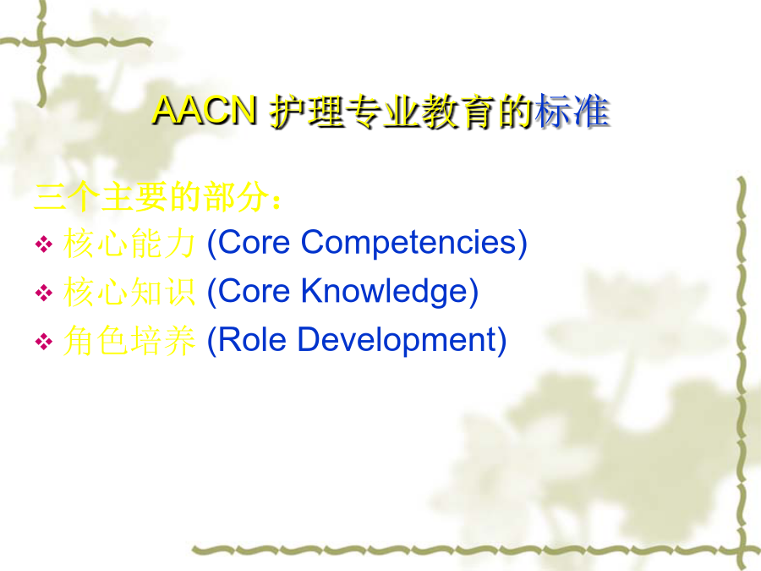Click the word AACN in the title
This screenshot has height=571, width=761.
point(205,110)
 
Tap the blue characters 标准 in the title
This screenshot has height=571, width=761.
point(572,111)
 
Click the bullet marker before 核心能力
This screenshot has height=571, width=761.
point(44,244)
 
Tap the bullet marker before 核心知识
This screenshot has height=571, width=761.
point(44,293)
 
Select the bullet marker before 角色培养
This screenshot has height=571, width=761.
point(44,341)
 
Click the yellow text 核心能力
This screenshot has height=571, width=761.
point(129,244)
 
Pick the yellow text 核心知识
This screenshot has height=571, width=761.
point(129,292)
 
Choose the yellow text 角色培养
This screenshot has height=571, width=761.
point(129,340)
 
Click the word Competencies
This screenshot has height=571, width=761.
point(408,244)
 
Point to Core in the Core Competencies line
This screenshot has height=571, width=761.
point(254,242)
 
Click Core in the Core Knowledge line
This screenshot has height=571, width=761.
point(254,291)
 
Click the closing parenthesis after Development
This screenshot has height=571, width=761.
point(501,340)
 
